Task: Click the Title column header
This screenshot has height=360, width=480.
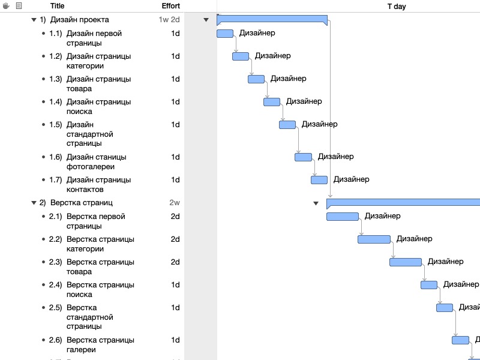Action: [x=58, y=6]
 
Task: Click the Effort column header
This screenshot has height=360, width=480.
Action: [x=171, y=6]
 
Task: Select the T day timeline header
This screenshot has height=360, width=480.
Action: [x=396, y=6]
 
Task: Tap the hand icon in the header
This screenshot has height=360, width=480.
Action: [x=7, y=6]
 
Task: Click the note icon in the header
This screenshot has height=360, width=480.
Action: [x=19, y=6]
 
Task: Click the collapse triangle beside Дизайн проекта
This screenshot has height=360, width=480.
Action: [x=34, y=20]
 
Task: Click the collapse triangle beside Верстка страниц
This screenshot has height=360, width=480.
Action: [x=34, y=203]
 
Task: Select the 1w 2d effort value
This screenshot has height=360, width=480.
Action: [x=169, y=20]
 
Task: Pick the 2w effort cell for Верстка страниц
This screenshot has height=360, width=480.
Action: [x=175, y=203]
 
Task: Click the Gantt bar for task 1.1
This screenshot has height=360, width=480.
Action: [x=224, y=34]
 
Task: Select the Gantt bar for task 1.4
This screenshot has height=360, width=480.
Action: [x=272, y=102]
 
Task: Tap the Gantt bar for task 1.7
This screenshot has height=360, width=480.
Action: [x=319, y=180]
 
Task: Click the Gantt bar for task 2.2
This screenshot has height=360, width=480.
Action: [x=374, y=239]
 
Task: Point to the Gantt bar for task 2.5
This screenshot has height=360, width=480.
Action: [x=445, y=308]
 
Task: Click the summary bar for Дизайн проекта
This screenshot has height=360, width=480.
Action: [x=272, y=19]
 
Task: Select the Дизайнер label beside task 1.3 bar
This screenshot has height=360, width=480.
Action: [x=288, y=79]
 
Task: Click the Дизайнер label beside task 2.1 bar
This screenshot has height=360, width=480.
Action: [x=382, y=216]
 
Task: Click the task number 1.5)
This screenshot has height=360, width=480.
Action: [x=56, y=125]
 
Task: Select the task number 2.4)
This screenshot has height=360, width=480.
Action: [x=56, y=285]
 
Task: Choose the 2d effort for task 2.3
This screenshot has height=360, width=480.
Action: [x=175, y=262]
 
